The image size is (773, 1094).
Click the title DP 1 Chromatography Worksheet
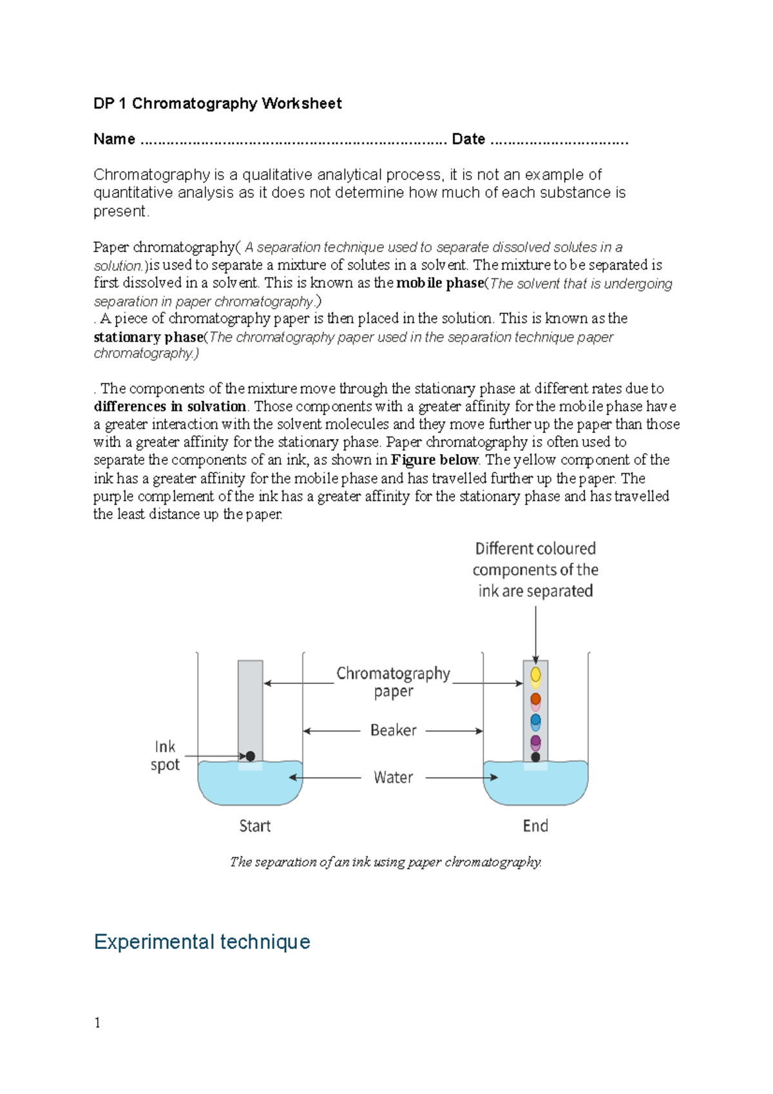click(x=217, y=104)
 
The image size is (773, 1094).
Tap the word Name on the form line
click(x=114, y=139)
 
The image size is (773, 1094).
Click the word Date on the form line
click(x=468, y=139)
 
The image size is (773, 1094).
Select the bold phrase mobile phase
click(x=439, y=283)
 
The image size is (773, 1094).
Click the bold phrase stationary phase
click(x=148, y=337)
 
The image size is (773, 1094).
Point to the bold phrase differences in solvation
click(x=170, y=407)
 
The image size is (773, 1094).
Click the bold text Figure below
click(x=434, y=460)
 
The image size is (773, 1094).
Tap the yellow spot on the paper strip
click(x=535, y=675)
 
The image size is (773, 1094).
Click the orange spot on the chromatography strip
click(x=535, y=699)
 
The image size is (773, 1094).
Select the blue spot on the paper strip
click(x=535, y=720)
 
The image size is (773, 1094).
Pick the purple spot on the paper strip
click(x=535, y=741)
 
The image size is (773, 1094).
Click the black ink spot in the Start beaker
click(x=250, y=756)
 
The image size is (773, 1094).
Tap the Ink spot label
click(x=165, y=756)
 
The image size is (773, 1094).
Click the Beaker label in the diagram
click(x=393, y=730)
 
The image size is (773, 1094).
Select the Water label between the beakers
click(x=393, y=777)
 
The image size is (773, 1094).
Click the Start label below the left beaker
click(x=254, y=826)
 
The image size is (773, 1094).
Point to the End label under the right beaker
click(x=535, y=826)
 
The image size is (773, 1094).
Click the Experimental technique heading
click(x=202, y=942)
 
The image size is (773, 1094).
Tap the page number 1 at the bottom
click(x=97, y=1023)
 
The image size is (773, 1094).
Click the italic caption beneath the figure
click(x=386, y=863)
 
